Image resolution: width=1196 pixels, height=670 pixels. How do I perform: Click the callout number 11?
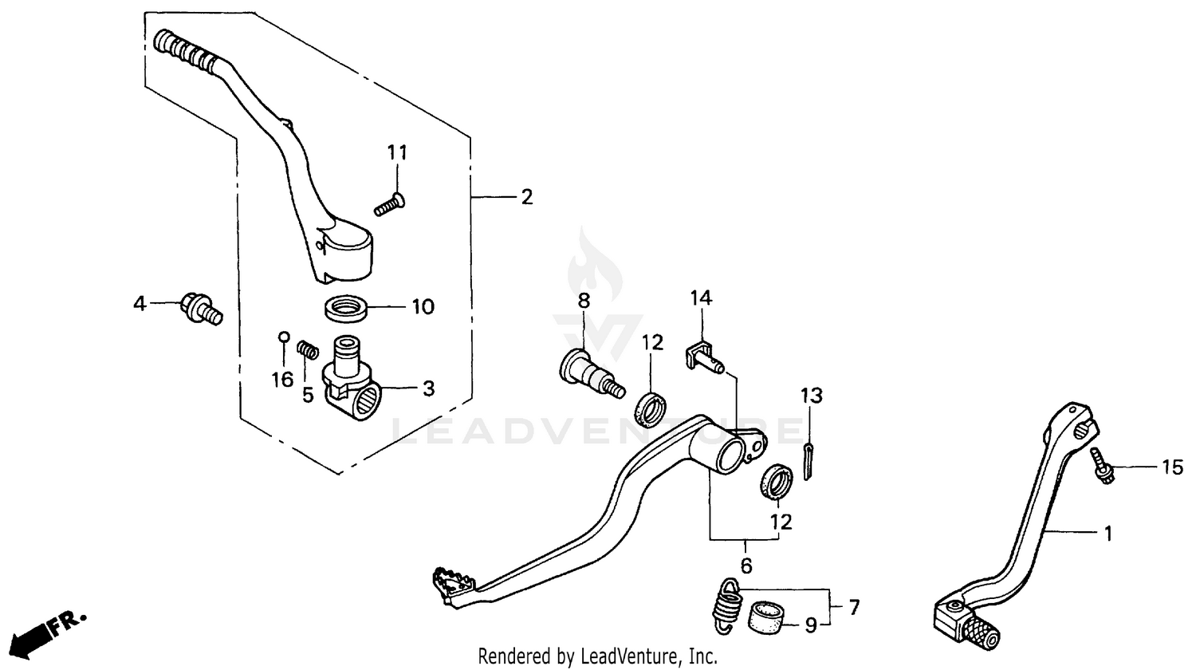click(x=397, y=152)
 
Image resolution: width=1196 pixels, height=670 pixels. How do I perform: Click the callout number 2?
click(x=526, y=197)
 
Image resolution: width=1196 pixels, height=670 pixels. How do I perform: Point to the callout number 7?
click(x=854, y=608)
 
